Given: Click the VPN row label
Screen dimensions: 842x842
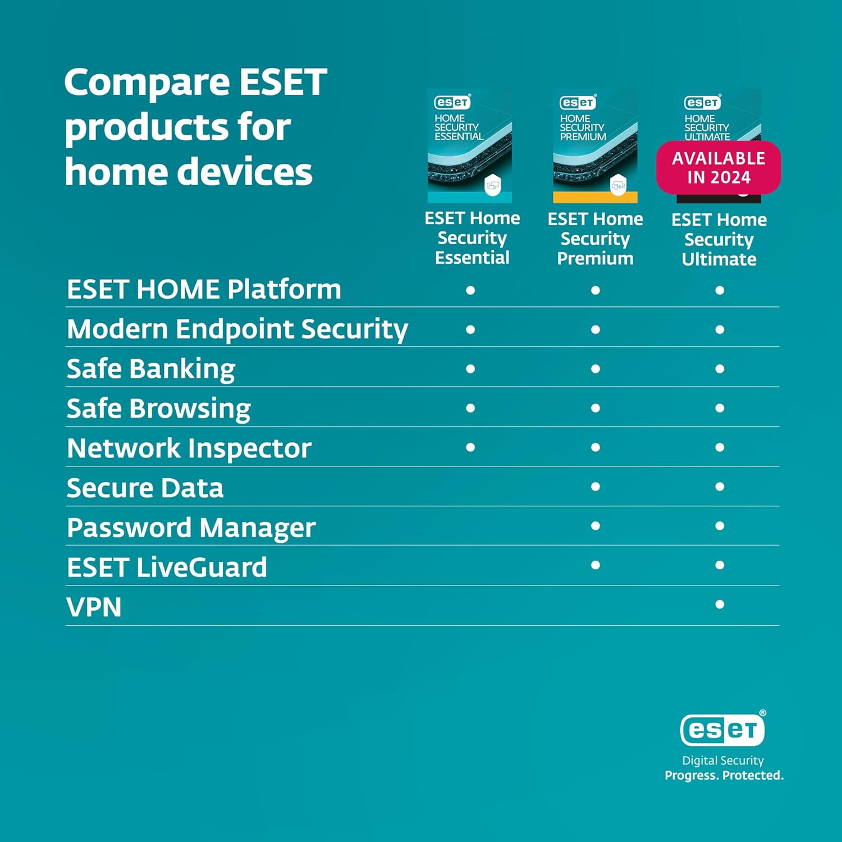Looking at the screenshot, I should (x=94, y=607).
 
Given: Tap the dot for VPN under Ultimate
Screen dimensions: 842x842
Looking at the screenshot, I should (x=720, y=605).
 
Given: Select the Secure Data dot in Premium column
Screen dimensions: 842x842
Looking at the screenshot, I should (x=596, y=487).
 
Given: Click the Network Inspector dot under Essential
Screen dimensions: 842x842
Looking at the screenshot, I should (x=470, y=447).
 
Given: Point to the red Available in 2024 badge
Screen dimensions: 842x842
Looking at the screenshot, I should (x=719, y=167).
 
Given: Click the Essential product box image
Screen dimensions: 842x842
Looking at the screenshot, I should (x=470, y=146).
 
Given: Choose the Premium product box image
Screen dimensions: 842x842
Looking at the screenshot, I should (x=595, y=146).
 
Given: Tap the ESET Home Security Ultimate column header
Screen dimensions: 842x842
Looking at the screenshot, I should (x=719, y=239).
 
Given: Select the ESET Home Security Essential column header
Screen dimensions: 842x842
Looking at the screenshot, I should (x=472, y=238).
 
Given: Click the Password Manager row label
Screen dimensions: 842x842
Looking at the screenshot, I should (x=191, y=528).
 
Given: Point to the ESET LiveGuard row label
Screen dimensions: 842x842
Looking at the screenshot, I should (x=167, y=567).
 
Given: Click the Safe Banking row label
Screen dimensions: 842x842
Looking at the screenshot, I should (x=151, y=369).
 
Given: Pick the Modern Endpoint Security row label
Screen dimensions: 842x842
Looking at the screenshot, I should (x=237, y=329).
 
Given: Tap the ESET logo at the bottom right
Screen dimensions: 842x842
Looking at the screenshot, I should (x=722, y=729).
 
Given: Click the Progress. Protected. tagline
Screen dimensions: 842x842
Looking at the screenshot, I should (x=724, y=775).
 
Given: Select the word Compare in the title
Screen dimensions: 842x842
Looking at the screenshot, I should (x=147, y=82).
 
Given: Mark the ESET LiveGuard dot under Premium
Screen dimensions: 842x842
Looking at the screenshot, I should (x=596, y=565).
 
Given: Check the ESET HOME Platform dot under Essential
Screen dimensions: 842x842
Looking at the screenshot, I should (x=470, y=290).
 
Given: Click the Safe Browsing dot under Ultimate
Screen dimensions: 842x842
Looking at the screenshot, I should (x=720, y=408).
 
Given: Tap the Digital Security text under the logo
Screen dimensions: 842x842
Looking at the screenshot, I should (x=723, y=761).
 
